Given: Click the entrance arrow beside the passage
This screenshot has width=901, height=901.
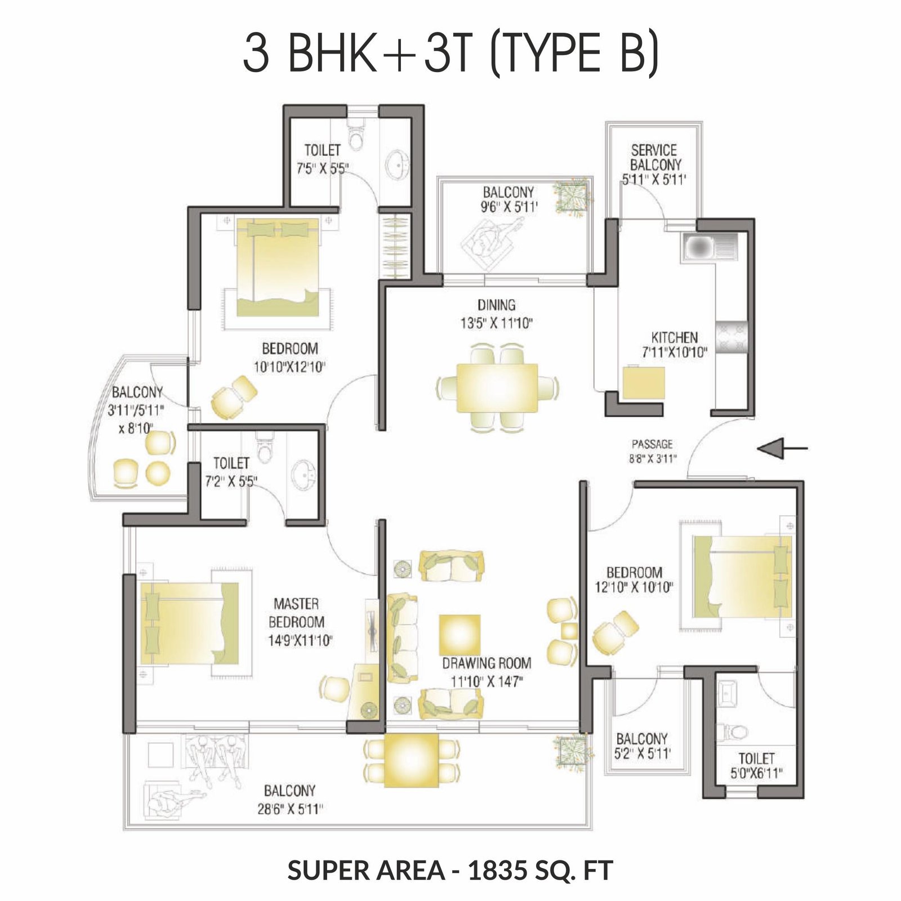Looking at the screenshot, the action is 783,448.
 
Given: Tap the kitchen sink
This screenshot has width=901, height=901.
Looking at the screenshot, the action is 709,247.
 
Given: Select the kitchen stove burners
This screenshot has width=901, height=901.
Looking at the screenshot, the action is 731,337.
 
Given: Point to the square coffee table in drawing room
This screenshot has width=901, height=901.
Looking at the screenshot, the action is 460,635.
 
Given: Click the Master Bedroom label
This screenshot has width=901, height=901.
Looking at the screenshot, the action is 296,613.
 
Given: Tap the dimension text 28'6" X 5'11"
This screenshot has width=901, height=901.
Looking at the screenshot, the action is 289,809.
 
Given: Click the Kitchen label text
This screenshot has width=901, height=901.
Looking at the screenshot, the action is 675,337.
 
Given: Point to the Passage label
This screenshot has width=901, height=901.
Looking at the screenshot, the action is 652,444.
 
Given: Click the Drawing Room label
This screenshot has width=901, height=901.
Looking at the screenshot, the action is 487,663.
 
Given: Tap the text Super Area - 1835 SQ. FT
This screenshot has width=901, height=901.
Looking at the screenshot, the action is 450,870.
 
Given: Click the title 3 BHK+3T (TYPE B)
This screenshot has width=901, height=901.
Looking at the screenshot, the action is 450,53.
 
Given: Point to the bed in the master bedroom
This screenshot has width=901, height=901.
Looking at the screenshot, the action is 189,623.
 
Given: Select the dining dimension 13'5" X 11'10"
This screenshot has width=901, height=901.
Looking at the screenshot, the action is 496,323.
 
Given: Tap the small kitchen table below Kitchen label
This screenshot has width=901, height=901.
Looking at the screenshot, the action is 644,383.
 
